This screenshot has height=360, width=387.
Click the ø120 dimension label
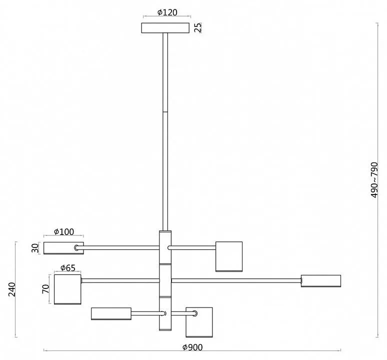coord(167,12)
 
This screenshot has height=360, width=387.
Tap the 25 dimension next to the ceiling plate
coord(197,27)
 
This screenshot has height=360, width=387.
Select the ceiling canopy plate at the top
coord(165,28)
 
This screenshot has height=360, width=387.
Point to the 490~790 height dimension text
coord(374,180)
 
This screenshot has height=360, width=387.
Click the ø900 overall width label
coord(192,347)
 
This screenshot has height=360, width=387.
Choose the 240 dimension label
coord(12,289)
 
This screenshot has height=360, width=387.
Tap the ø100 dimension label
coord(63,231)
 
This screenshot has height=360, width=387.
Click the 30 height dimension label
coord(35,248)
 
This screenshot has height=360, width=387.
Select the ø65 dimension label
coord(67,267)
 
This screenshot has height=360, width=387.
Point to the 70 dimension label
coord(45,289)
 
